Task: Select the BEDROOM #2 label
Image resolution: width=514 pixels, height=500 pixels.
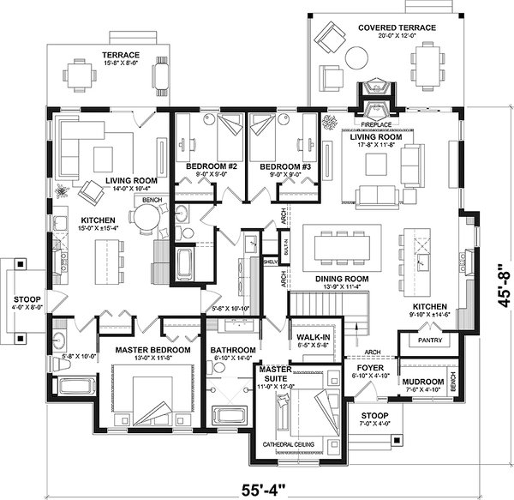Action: tap(205, 166)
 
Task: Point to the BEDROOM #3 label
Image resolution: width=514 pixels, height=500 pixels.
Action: tap(278, 166)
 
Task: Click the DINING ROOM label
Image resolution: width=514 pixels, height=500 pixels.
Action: tap(342, 279)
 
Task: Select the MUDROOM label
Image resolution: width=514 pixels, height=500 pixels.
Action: tap(422, 381)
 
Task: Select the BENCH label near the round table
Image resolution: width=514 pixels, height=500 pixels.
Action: tap(152, 200)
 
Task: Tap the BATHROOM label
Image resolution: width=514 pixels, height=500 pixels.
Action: tap(233, 350)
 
